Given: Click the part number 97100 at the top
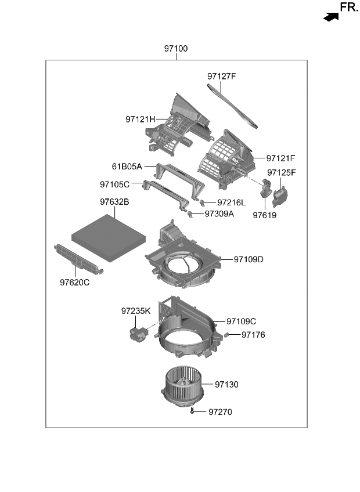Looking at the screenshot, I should [175, 49].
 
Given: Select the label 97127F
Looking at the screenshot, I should [221, 76].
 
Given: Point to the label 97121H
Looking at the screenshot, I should [140, 120].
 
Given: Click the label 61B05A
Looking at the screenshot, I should [127, 167].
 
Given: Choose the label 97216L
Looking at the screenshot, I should [232, 202].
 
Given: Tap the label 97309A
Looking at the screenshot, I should [219, 214].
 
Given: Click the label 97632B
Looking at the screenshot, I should [114, 202].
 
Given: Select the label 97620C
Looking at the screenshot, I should [74, 283].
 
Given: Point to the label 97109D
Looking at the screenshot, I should [249, 259].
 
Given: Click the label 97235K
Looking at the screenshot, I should [136, 311].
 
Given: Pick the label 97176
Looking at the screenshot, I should [253, 335].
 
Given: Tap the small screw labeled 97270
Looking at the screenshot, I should [192, 411].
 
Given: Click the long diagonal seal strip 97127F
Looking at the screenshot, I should [234, 104].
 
